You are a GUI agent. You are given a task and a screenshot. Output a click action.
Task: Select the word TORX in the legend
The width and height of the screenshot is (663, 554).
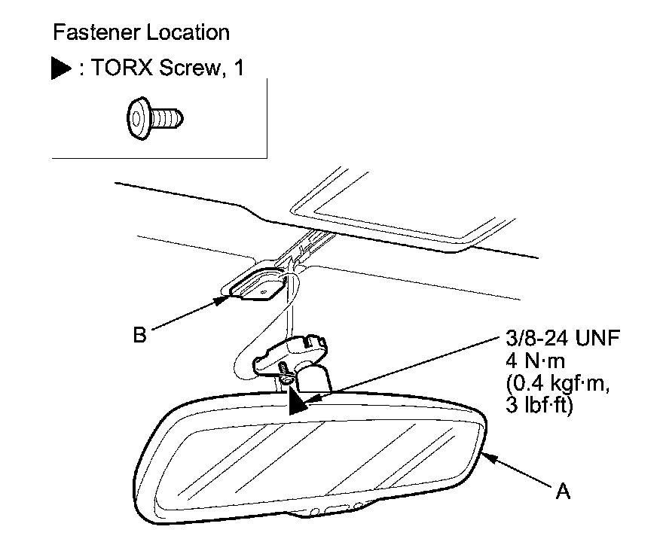pyautogui.click(x=115, y=70)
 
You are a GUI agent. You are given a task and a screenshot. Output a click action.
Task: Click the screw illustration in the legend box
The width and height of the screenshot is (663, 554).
pyautogui.click(x=154, y=116)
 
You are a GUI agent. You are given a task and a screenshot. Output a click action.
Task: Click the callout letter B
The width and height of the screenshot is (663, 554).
pyautogui.click(x=139, y=333)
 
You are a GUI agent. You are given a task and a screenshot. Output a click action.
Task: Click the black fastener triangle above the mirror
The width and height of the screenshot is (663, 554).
pyautogui.click(x=296, y=403)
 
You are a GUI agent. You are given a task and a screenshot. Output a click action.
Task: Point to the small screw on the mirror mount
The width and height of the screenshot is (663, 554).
pyautogui.click(x=283, y=372)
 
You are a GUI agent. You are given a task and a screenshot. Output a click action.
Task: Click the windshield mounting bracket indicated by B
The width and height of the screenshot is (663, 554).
pyautogui.click(x=258, y=286)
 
